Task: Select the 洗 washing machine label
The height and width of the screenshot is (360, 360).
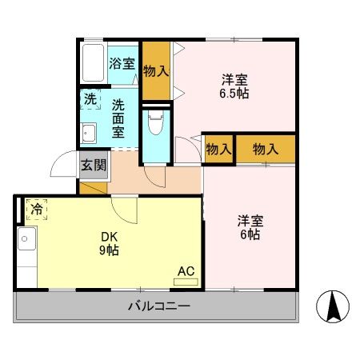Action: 90,100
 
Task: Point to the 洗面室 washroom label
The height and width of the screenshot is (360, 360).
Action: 118,118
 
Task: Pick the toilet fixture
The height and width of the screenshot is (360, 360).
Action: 156,124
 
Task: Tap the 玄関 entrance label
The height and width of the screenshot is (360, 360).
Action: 93,166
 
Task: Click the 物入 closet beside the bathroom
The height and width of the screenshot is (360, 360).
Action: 156,70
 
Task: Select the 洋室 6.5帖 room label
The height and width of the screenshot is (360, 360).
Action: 234,86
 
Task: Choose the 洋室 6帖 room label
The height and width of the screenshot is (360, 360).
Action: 249,227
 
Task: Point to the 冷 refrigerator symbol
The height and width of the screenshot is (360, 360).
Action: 37,210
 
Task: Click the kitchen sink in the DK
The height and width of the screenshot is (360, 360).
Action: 26,238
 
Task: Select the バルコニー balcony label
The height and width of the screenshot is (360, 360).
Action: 159,306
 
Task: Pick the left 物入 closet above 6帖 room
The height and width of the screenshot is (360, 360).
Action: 218,149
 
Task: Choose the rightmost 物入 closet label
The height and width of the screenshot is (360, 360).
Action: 265,149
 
